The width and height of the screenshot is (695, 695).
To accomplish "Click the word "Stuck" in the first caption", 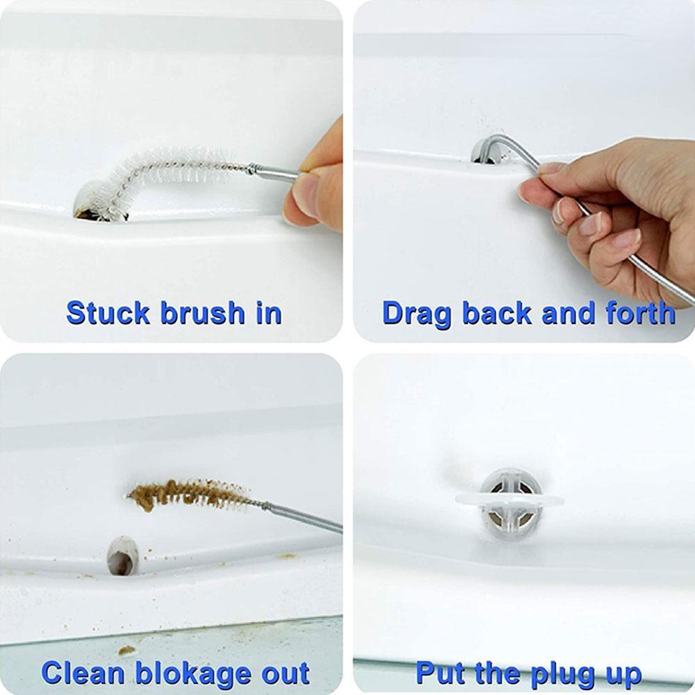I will click(108, 313).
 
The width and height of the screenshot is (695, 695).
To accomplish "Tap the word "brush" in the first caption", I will click(202, 313).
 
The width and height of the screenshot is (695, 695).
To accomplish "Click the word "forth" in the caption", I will click(639, 313).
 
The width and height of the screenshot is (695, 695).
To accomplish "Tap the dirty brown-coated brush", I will click(188, 494).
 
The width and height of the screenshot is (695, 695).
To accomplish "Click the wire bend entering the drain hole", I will click(486, 149).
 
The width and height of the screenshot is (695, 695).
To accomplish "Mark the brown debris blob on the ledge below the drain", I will click(126, 650).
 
